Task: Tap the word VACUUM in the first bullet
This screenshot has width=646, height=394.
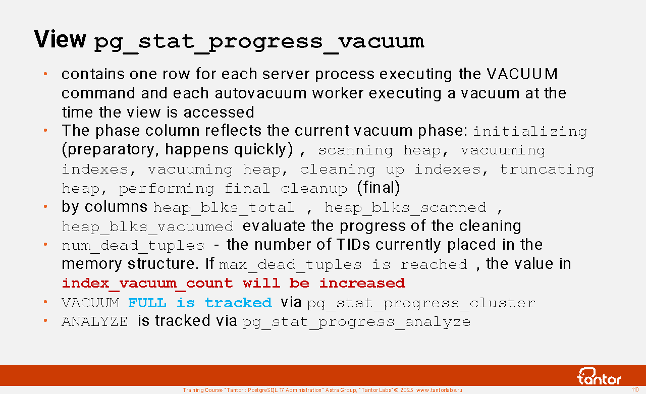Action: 522,74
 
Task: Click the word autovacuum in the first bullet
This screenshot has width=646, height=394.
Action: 260,93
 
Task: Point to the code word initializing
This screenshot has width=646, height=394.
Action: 530,132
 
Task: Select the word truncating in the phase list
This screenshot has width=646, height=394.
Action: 547,170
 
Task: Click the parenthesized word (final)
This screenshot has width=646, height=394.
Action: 379,188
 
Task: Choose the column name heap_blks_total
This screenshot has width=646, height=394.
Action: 224,208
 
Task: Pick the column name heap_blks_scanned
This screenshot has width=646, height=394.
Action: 405,208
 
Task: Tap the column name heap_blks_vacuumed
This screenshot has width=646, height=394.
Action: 148,227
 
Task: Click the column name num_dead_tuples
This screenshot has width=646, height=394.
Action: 133,246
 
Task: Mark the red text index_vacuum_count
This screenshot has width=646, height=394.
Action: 147,284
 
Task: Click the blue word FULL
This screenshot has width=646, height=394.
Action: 147,303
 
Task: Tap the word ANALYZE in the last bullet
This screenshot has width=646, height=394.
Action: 95,322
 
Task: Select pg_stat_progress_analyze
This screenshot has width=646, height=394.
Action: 356,322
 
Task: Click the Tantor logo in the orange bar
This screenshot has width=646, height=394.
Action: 599,376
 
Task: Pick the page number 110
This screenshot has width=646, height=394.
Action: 635,389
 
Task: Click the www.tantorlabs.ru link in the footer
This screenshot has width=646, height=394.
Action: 439,390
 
